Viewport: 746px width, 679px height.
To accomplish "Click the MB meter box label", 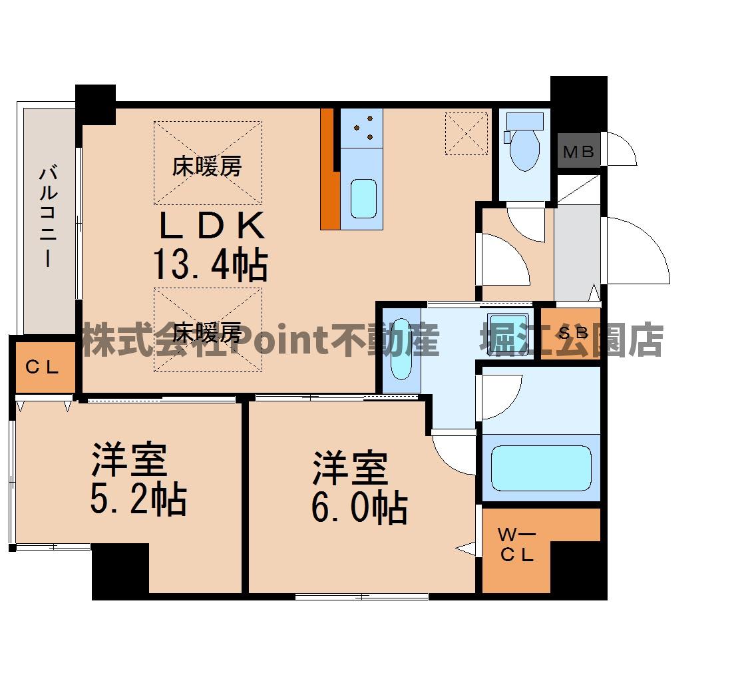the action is coord(578,152).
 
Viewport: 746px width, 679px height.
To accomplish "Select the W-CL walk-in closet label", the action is coord(517,545).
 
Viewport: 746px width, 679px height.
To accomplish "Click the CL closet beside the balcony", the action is coord(43,367).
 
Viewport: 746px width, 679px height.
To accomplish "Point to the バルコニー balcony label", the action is coord(49,216).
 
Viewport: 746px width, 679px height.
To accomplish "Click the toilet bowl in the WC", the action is coord(524,148).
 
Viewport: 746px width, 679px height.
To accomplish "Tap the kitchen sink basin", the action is coord(364,198).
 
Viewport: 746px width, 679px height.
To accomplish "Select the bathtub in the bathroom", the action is coord(541,468).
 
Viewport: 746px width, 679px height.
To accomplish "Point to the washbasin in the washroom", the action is coord(401,349).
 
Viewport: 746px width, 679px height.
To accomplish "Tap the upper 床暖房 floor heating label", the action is coord(207,166).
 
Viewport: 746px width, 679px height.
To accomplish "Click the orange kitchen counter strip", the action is coord(329,169).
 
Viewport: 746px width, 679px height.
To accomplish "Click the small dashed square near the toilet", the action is coord(466,133).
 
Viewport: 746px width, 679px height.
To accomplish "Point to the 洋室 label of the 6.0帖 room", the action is coord(351,468).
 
